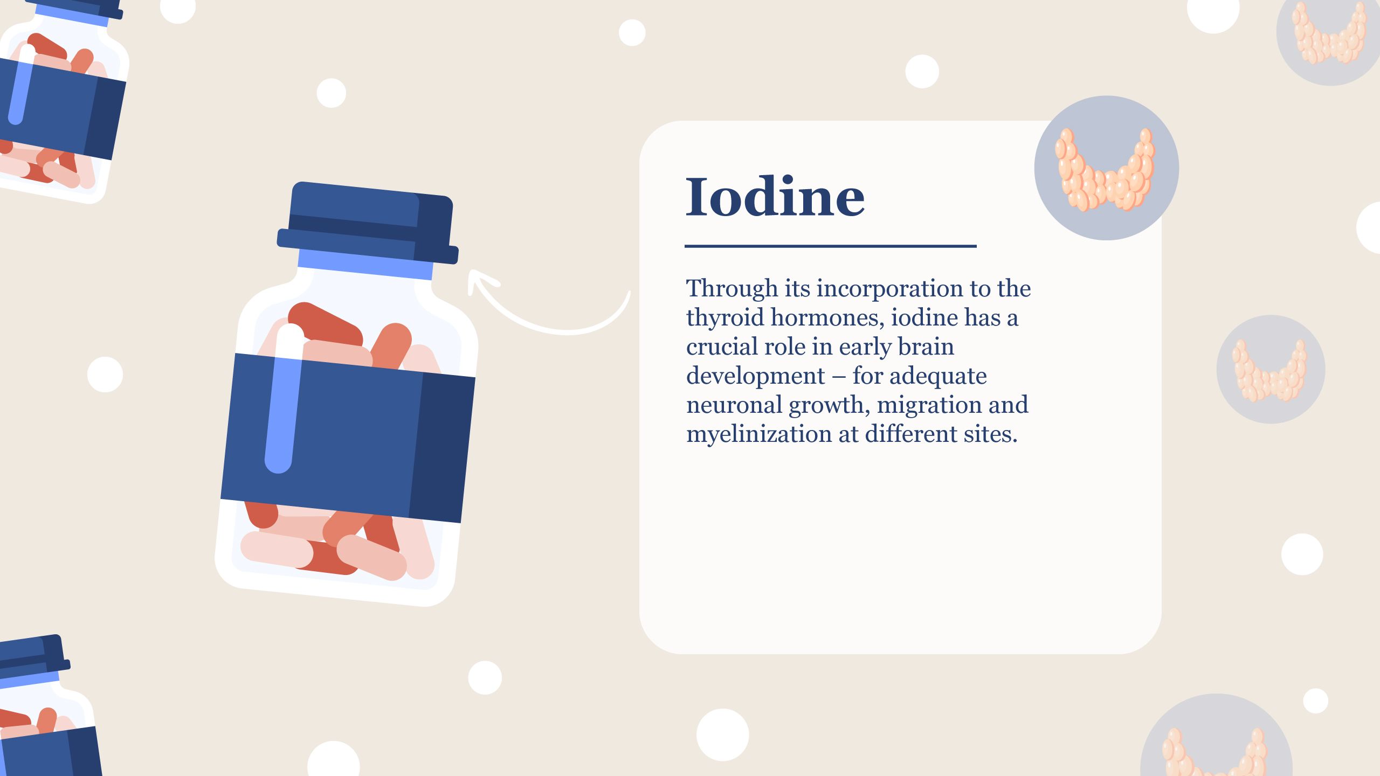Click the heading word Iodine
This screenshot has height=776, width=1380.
coord(775,197)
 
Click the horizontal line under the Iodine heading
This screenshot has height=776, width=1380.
coord(830,246)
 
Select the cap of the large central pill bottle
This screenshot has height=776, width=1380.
coord(368,223)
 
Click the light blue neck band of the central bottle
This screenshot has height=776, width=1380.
coord(365,265)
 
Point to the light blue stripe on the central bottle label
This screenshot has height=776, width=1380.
coord(282,415)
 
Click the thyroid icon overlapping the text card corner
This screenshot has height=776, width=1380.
coord(1106,168)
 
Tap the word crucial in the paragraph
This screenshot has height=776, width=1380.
coord(721,347)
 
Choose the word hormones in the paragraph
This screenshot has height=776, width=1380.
coord(827,318)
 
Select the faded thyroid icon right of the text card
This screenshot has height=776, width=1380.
coord(1271,369)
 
